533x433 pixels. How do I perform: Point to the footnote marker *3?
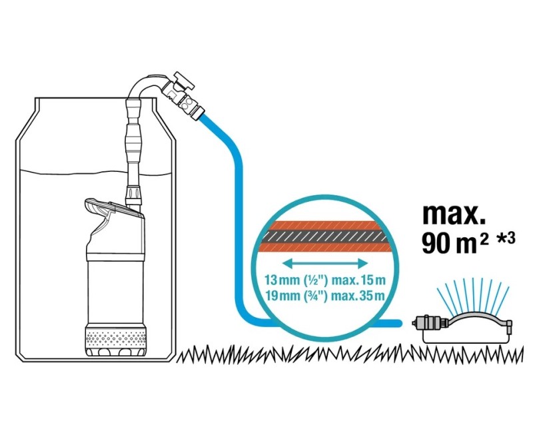(506, 238)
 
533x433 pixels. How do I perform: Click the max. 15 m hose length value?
(358, 280)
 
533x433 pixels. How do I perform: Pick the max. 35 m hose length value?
(358, 295)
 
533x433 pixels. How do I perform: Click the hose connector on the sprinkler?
(425, 322)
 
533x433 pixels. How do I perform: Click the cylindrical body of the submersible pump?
(115, 292)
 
